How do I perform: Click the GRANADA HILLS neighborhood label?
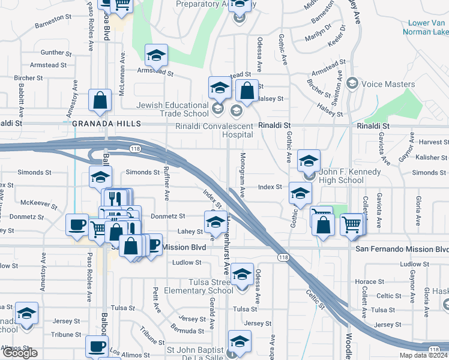click(x=106, y=124)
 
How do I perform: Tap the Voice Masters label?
click(x=388, y=85)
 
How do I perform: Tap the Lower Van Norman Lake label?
click(x=427, y=28)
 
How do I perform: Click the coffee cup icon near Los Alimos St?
click(x=97, y=346)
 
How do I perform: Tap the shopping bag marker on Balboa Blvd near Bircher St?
click(x=100, y=100)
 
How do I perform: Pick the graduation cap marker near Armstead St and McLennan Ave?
click(x=156, y=56)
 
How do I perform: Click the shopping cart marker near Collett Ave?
click(x=352, y=224)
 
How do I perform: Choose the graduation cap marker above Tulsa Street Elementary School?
click(x=242, y=274)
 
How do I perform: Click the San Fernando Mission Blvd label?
click(x=402, y=249)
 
